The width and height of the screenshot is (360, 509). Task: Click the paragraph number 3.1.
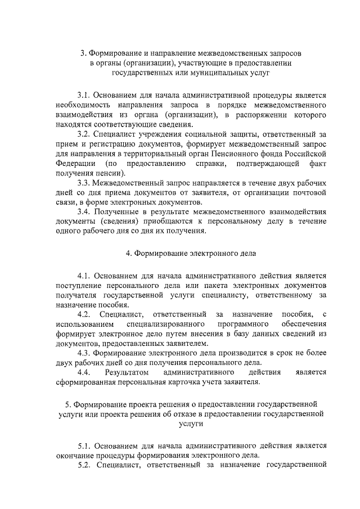(83, 96)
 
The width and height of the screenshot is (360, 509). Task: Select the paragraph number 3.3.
(83, 183)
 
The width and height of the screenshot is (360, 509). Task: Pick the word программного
(243, 324)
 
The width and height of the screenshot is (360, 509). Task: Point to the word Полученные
(115, 212)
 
